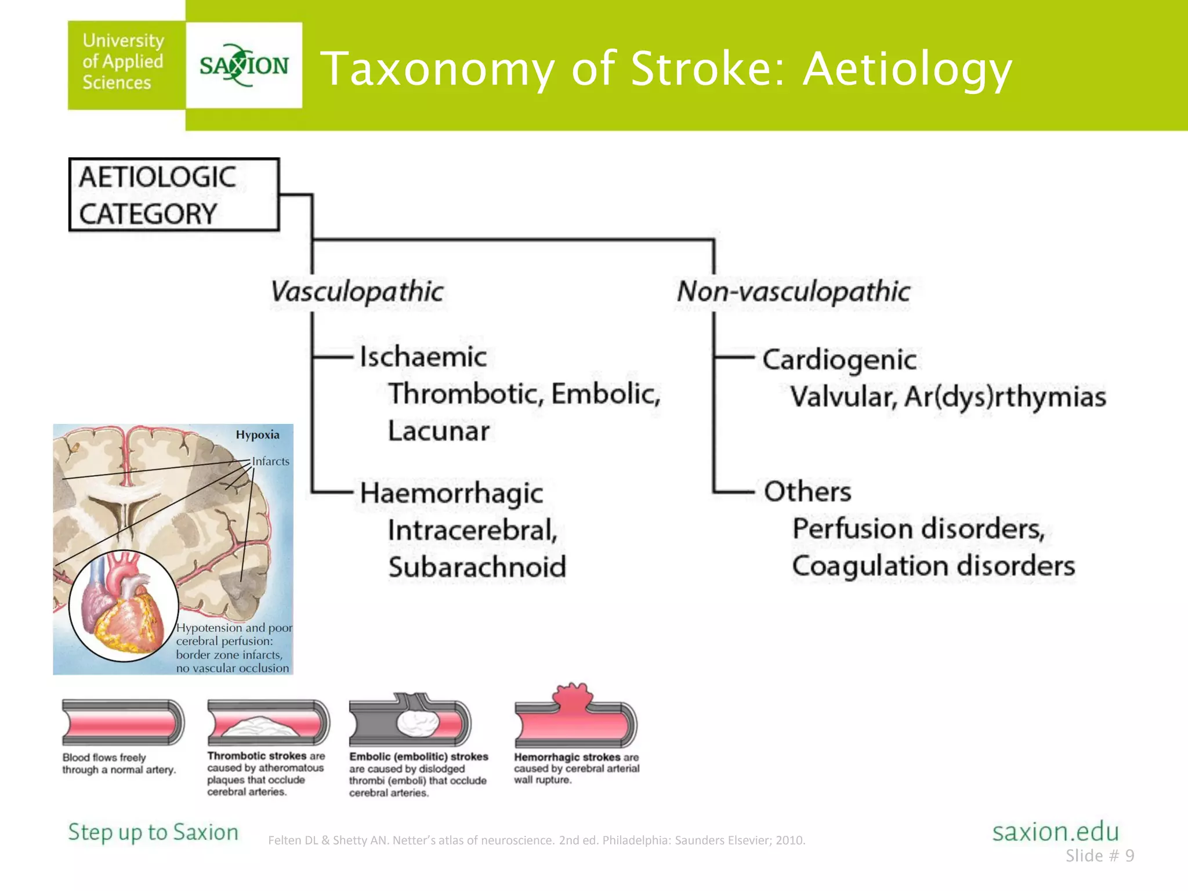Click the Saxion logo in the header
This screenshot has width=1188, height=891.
click(x=244, y=65)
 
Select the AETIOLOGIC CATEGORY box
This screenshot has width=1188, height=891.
click(x=173, y=195)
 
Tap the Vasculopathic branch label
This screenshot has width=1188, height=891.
click(x=357, y=291)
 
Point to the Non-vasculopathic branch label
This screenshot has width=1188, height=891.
click(x=793, y=291)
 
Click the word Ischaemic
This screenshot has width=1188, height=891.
click(x=423, y=357)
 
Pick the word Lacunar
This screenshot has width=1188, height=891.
click(x=439, y=431)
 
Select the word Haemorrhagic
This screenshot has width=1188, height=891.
click(x=451, y=494)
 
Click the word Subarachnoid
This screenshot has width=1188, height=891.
click(x=477, y=567)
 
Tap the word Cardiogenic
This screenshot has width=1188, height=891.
click(x=839, y=360)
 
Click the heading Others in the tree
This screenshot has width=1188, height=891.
click(x=807, y=492)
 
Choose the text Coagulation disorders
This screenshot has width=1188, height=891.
click(x=933, y=566)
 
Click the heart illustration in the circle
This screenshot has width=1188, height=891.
click(x=123, y=607)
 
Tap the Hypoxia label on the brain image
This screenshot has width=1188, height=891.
click(x=258, y=435)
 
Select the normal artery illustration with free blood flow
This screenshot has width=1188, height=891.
click(x=123, y=723)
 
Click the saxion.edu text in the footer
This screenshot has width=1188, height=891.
click(x=1055, y=832)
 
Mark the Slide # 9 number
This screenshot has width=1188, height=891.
click(x=1099, y=856)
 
